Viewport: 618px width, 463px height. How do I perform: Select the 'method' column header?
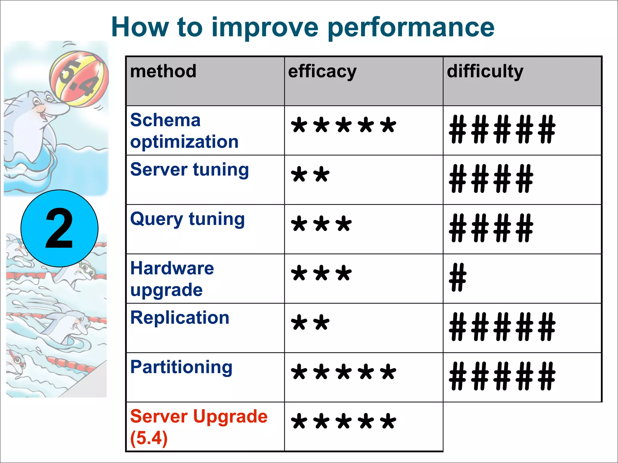coord(163,71)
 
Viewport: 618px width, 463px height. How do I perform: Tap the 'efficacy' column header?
coord(322,72)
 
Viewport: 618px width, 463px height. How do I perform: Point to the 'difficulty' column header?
coord(485,72)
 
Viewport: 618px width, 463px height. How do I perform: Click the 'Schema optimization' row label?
coord(184,131)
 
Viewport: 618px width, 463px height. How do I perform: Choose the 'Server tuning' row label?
coord(190,170)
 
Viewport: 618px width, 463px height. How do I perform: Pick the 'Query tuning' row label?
coord(187,219)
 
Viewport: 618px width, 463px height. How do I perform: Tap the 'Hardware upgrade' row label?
coord(172,279)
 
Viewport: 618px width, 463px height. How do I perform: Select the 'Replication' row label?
coord(180,318)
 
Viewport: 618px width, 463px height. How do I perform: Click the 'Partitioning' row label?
coord(181,367)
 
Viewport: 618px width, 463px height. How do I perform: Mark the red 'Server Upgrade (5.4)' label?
coord(199,427)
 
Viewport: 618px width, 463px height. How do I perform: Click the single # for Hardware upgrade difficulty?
coord(457,277)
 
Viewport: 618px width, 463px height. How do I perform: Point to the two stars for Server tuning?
coord(310,175)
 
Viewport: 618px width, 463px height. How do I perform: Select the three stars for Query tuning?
coord(321,224)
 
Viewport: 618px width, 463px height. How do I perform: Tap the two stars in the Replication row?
coord(310,323)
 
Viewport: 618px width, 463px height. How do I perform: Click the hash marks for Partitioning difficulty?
coord(502,376)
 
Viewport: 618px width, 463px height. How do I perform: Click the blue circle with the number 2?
coord(59,228)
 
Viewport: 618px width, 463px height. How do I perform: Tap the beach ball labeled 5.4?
coord(79,79)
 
